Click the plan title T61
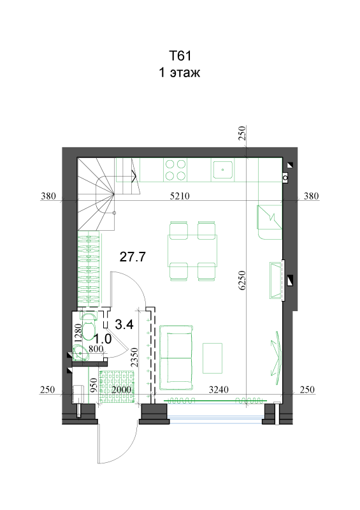click(180, 55)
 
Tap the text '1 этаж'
click(179, 72)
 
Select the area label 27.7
click(133, 257)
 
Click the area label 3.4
click(124, 324)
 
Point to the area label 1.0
click(103, 339)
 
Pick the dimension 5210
click(180, 196)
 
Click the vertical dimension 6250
click(242, 280)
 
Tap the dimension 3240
click(219, 390)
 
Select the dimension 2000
click(121, 390)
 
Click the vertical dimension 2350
click(134, 357)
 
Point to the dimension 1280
click(78, 332)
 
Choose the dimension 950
click(93, 385)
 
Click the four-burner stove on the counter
click(176, 170)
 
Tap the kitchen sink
click(223, 170)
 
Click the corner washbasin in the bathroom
click(80, 353)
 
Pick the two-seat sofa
click(176, 358)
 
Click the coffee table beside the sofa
click(212, 358)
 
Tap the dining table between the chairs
click(192, 251)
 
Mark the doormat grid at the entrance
click(117, 387)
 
